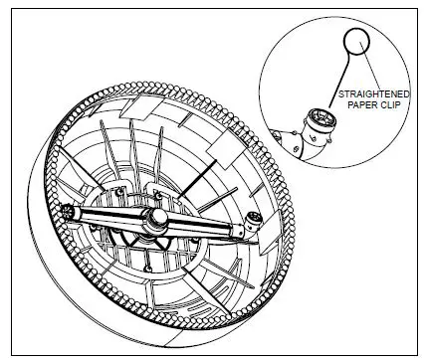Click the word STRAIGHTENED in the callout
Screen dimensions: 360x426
pyautogui.click(x=371, y=94)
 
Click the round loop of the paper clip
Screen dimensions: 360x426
pyautogui.click(x=356, y=43)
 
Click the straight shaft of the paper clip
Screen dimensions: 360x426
pyautogui.click(x=339, y=86)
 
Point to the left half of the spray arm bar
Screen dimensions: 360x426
pyautogui.click(x=109, y=216)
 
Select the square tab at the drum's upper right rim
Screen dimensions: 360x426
pyautogui.click(x=225, y=144)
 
